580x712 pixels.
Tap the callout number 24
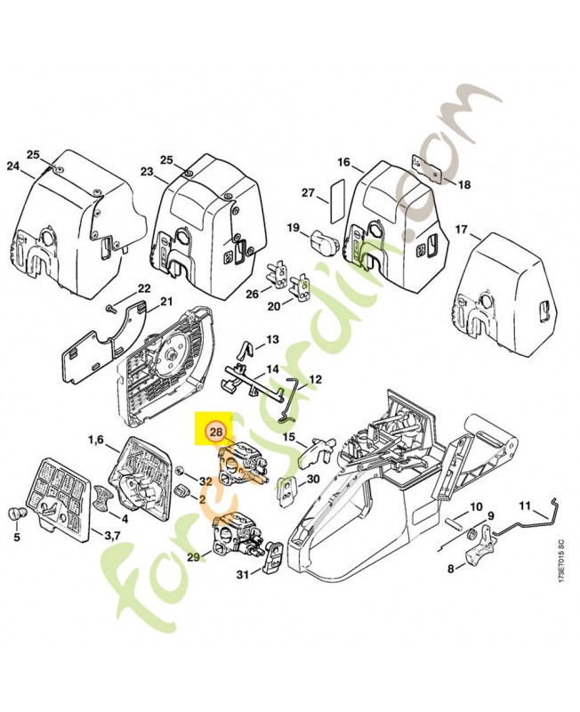tap(12, 166)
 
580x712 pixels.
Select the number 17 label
tap(461, 230)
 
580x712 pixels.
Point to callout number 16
tap(343, 162)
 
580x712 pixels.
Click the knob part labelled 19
tap(321, 240)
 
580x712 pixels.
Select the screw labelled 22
tap(110, 308)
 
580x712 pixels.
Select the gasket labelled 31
tap(274, 556)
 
